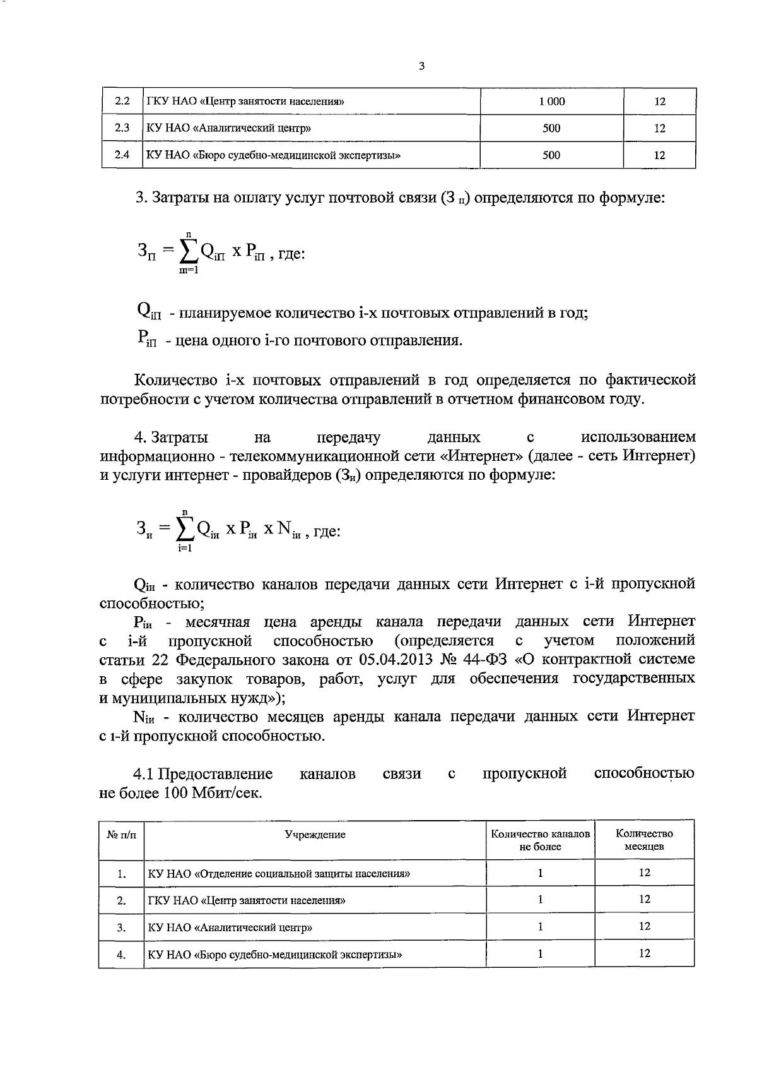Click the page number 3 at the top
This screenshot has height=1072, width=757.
[421, 66]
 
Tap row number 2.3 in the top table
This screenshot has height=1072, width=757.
[122, 128]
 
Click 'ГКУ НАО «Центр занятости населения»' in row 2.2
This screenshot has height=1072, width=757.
[245, 101]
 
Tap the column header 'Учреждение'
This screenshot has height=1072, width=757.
[315, 835]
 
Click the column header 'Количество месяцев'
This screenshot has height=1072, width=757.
[644, 840]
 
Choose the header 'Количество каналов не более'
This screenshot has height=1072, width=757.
[540, 840]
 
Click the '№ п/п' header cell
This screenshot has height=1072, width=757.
[121, 835]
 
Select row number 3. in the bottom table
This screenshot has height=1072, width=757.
[121, 927]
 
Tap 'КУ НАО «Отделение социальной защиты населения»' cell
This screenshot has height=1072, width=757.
[279, 874]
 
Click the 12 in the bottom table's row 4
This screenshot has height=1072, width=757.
[644, 953]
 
